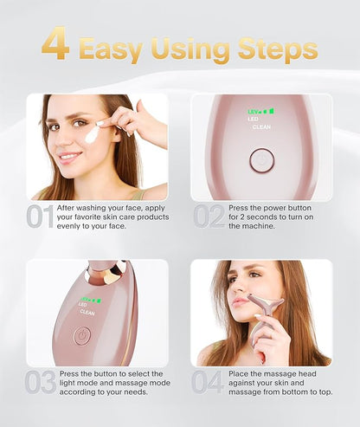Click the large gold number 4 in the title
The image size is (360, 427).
point(55,43)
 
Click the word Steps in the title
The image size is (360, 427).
point(278,49)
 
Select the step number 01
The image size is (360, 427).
point(41,217)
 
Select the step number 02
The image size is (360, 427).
point(209,217)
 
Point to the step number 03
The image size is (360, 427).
point(41,382)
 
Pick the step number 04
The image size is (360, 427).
point(208,382)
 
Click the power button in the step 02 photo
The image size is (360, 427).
point(261,160)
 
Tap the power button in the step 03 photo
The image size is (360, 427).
point(82,336)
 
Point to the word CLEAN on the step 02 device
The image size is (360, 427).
point(261,127)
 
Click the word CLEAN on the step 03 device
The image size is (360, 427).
point(87,313)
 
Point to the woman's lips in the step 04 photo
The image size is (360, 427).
point(240,302)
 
